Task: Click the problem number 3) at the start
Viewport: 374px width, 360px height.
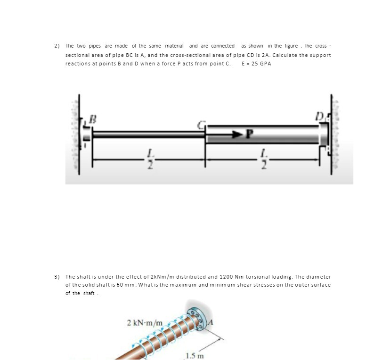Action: [56, 277]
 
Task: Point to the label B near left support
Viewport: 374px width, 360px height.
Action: [93, 119]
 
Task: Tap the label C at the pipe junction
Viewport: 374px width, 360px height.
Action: [200, 125]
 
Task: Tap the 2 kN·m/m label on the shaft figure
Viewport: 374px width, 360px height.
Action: [145, 323]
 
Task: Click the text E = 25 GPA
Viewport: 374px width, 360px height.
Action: [256, 64]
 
